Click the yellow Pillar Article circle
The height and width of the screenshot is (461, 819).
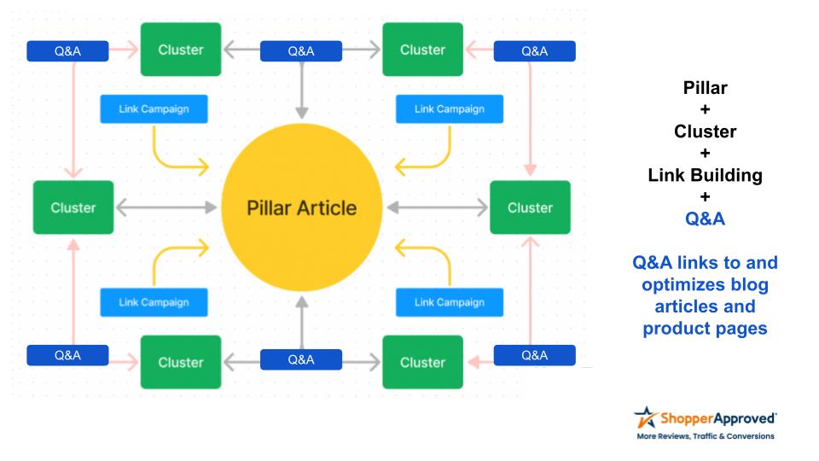coord(301,207)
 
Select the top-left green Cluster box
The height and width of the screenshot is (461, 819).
coord(181,50)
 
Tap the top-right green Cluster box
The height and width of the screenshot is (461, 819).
coord(422,50)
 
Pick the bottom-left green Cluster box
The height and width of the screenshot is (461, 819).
coord(181,362)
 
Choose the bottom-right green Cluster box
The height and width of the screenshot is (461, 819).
coord(422,362)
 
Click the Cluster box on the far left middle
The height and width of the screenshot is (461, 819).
coord(73,207)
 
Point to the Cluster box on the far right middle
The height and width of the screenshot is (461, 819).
coord(530,207)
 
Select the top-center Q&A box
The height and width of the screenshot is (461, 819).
coord(301,51)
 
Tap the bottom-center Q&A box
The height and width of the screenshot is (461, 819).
coord(301,360)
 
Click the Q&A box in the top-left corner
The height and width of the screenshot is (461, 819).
coord(67,51)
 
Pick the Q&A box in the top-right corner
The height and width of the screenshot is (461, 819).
coord(534,51)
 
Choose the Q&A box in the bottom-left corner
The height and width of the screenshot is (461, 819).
coord(67,355)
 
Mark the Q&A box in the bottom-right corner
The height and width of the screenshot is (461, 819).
coord(534,355)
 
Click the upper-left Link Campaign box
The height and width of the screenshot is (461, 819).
coord(154,109)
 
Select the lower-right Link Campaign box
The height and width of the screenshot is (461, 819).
coord(450,302)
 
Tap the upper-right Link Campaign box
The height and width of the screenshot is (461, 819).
coord(450,109)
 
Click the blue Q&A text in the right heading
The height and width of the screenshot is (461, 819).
coord(705,219)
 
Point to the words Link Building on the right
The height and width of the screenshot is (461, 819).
coord(705,175)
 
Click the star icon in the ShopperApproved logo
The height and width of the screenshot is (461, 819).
coord(645,419)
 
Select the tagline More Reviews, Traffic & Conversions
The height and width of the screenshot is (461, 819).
coord(706,436)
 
